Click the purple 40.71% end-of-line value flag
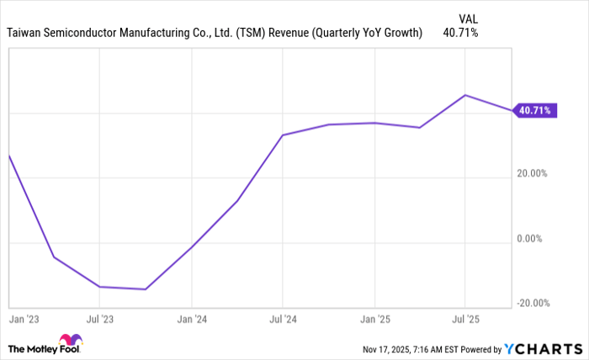pyautogui.click(x=536, y=110)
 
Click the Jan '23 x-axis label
pyautogui.click(x=22, y=320)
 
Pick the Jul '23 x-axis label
pyautogui.click(x=100, y=320)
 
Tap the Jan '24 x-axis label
pyautogui.click(x=192, y=320)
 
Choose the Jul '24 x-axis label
pyautogui.click(x=283, y=320)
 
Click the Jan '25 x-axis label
pyautogui.click(x=374, y=320)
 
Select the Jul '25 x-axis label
pyautogui.click(x=465, y=320)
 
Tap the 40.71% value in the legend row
pyautogui.click(x=460, y=33)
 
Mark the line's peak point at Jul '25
pyautogui.click(x=465, y=95)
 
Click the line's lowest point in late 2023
pyautogui.click(x=146, y=289)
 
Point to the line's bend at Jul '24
pyautogui.click(x=283, y=135)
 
